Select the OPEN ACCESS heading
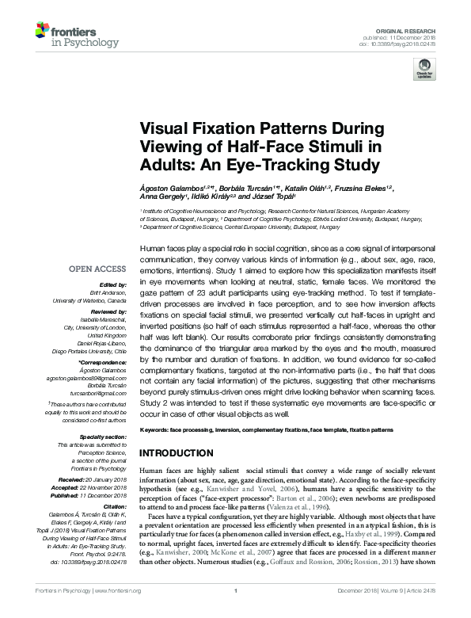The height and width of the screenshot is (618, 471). point(100,269)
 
